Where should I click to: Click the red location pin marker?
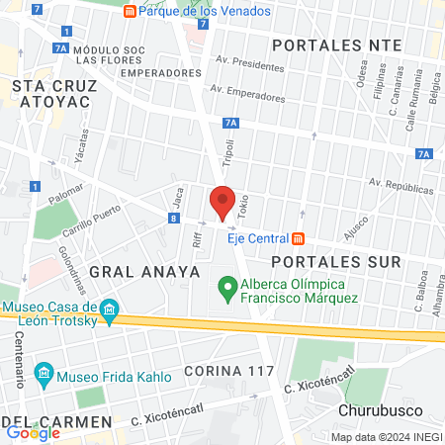(x=222, y=202)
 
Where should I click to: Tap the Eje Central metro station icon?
(x=298, y=238)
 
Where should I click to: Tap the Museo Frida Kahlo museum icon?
(x=43, y=373)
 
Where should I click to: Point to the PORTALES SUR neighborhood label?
(x=336, y=262)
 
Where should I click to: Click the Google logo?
(x=33, y=431)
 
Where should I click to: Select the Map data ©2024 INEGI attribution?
(x=386, y=436)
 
